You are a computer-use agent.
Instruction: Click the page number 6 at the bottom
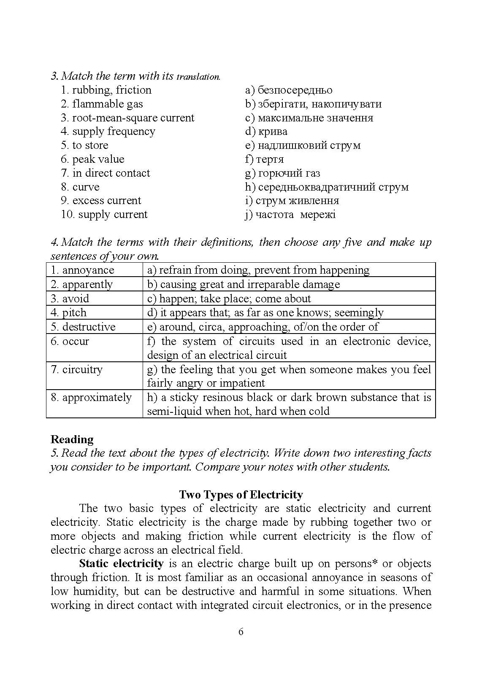click(x=241, y=632)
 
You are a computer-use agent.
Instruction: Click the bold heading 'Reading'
click(x=72, y=439)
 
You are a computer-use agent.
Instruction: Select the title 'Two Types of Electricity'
click(x=241, y=495)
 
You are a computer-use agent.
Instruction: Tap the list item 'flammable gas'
click(x=107, y=104)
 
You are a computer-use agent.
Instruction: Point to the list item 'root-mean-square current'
click(x=133, y=118)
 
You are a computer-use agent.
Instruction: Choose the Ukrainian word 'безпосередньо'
click(x=295, y=90)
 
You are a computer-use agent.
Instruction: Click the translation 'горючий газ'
click(x=289, y=173)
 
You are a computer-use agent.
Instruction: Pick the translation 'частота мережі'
click(x=295, y=215)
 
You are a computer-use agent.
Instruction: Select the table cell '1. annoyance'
click(x=83, y=270)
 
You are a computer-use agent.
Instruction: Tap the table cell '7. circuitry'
click(x=77, y=370)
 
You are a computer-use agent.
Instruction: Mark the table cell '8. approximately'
click(x=91, y=398)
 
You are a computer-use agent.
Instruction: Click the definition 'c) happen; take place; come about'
click(x=229, y=299)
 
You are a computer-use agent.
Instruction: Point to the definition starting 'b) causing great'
click(x=244, y=285)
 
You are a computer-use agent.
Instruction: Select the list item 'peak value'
click(x=98, y=159)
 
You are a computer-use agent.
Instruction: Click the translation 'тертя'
click(x=270, y=159)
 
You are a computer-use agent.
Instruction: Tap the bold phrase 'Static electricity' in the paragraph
click(x=121, y=564)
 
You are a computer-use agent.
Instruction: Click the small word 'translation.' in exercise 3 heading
click(x=198, y=77)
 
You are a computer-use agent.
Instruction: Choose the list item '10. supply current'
click(x=104, y=215)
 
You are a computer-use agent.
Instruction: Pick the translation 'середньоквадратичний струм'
click(x=333, y=187)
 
